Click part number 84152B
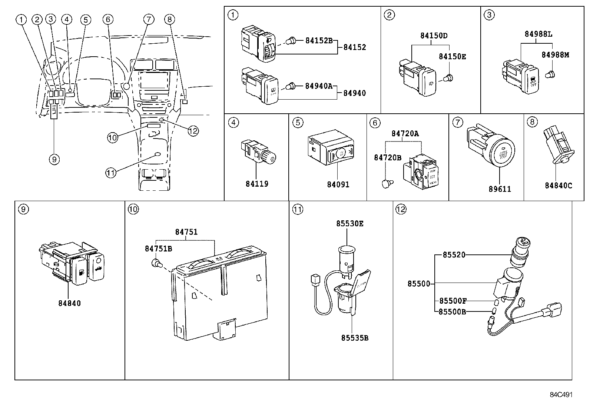click(319, 41)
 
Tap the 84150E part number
click(452, 57)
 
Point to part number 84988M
click(555, 55)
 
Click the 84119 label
click(256, 184)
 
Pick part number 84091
click(338, 184)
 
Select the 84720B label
click(387, 158)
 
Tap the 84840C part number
click(558, 186)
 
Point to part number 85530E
click(350, 224)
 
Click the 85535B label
click(355, 338)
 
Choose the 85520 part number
click(454, 255)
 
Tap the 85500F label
click(453, 301)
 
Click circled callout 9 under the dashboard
click(54, 159)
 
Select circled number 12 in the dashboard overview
click(193, 130)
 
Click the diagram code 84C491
click(561, 394)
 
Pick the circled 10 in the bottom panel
click(133, 209)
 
